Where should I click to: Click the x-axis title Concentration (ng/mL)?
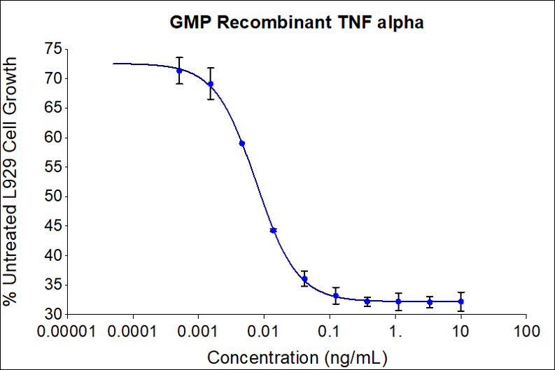pos(297,357)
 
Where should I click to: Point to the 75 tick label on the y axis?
pos(51,49)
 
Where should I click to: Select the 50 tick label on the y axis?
pos(51,197)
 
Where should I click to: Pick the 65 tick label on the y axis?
pos(51,108)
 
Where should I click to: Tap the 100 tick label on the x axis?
pos(526,329)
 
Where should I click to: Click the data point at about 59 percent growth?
pos(241,143)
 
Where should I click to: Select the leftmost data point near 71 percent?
pos(179,70)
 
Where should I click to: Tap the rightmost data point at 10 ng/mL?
pos(461,301)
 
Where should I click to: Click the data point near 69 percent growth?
pos(211,84)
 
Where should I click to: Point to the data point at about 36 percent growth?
pos(304,278)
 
